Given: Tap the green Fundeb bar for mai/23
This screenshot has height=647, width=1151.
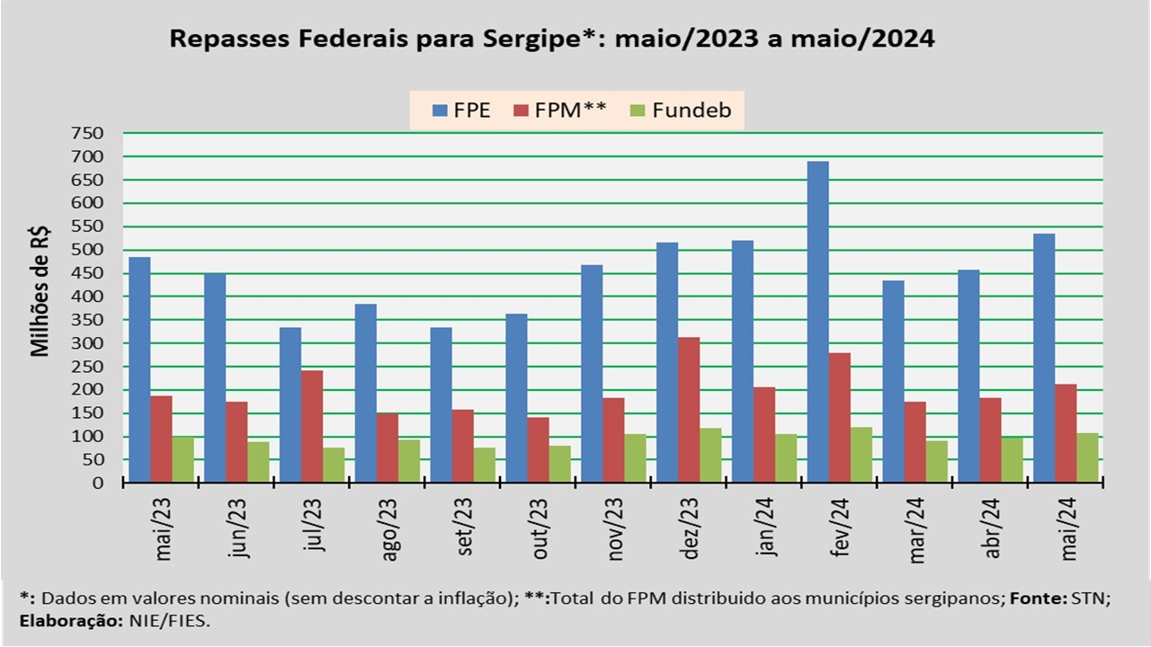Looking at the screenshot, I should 183,459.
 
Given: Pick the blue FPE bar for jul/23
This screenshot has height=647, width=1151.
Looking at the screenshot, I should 290,404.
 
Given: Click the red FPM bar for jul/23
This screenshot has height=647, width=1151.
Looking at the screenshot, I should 312,426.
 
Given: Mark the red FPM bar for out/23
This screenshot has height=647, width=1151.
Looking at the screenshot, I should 538,449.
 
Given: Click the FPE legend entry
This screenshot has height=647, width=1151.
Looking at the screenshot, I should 462,111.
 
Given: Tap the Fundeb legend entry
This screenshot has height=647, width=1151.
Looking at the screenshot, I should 680,111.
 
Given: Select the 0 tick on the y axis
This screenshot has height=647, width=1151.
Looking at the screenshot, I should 98,483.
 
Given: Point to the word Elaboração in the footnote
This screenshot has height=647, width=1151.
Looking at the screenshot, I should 67,621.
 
